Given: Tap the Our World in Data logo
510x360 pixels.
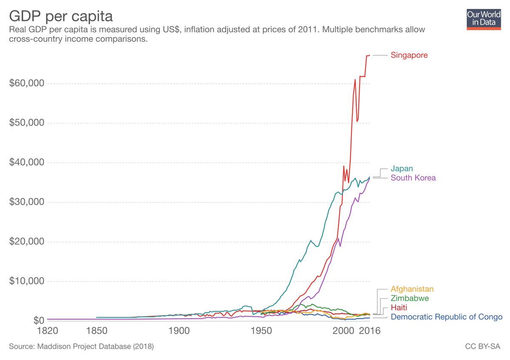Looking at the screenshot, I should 484,19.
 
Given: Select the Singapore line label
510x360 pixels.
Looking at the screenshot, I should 409,55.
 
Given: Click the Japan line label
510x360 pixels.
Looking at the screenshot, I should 402,169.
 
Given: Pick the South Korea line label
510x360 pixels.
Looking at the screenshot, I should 413,178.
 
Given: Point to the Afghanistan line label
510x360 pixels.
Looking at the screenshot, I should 412,289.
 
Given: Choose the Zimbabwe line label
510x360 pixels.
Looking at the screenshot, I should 410,298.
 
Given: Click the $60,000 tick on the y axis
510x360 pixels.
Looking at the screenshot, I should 27,83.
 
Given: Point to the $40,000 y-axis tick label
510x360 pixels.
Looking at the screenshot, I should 27,163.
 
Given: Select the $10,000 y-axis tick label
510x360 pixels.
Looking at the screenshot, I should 27,281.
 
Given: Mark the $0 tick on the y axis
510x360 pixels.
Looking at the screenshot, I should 37,320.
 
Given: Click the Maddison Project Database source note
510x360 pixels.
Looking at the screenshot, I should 81,347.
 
